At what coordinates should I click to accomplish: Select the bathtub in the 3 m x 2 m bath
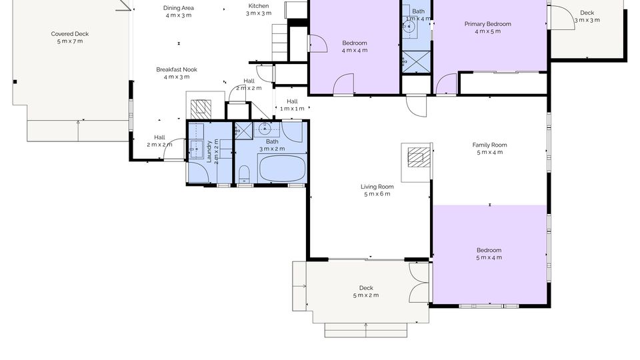tap(283, 168)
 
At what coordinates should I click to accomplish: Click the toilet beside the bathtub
tap(244, 174)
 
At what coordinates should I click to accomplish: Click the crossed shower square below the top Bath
tap(416, 62)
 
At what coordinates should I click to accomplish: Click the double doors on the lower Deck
tap(419, 283)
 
